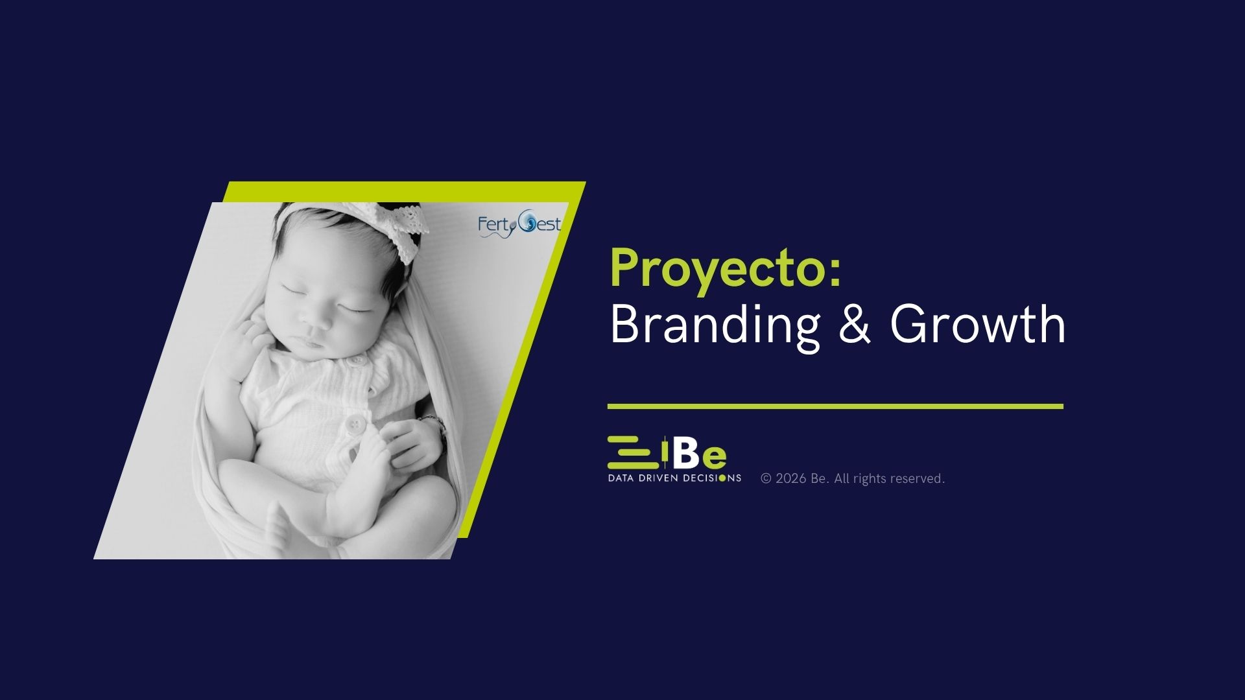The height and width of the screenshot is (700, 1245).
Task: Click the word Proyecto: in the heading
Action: click(x=726, y=268)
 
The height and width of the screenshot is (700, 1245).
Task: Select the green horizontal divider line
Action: click(x=835, y=406)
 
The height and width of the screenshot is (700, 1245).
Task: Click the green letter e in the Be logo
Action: click(x=714, y=458)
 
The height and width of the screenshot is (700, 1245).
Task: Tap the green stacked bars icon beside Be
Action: click(x=630, y=452)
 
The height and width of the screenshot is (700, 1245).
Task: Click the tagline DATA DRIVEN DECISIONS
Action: click(x=674, y=478)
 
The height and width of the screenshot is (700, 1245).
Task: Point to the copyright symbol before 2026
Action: click(x=766, y=479)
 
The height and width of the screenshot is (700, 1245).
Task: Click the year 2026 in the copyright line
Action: click(x=790, y=479)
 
